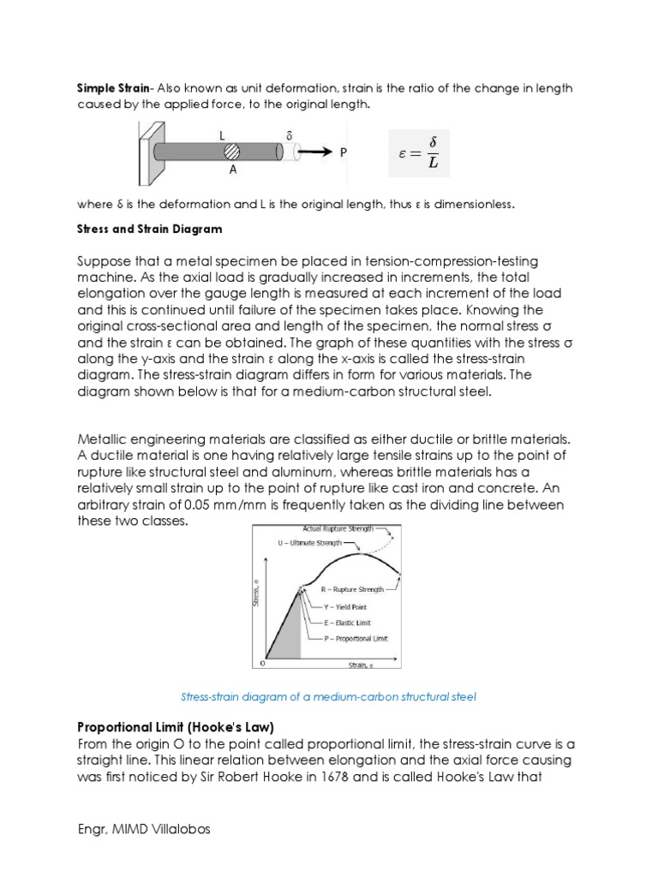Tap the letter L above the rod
tap(222, 135)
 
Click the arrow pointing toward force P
tap(314, 152)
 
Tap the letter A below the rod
tap(232, 170)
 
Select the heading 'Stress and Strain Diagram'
tap(149, 229)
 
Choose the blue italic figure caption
tap(328, 696)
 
